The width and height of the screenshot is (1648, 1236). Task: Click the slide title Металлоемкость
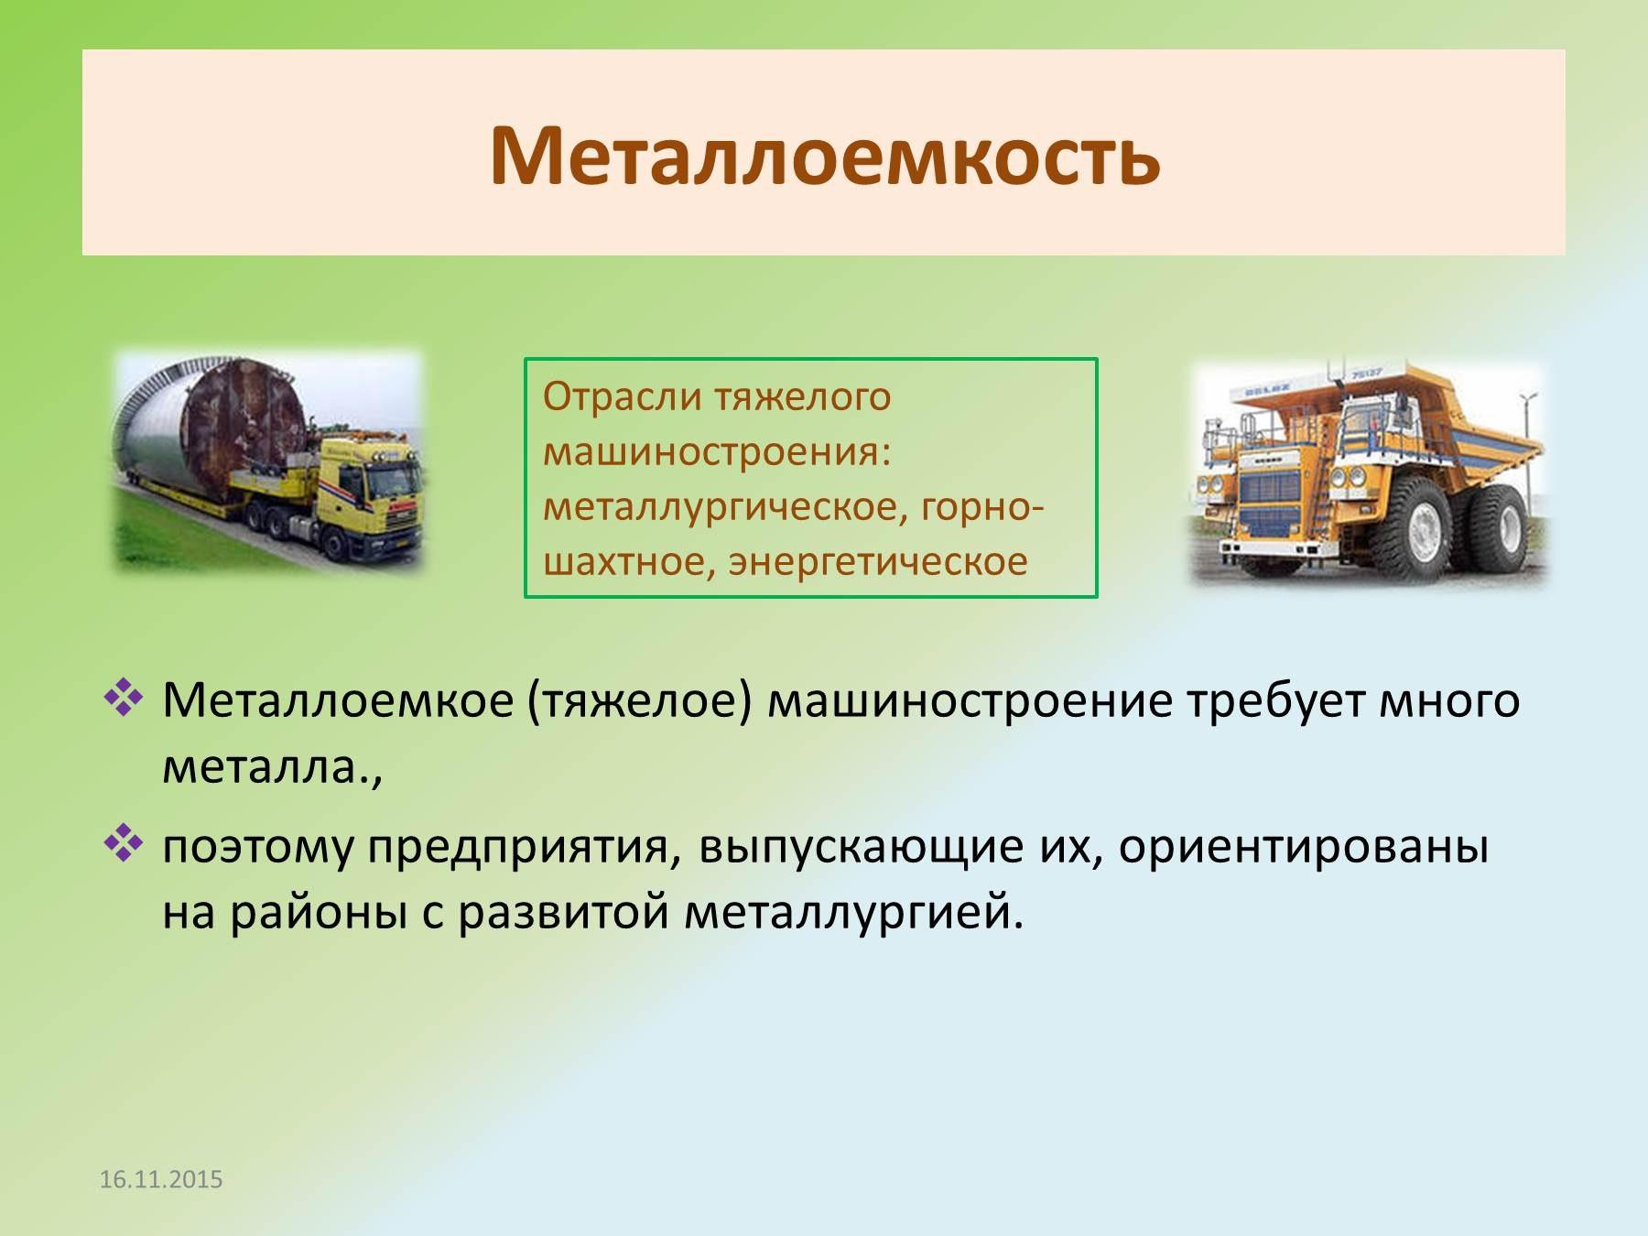(x=825, y=154)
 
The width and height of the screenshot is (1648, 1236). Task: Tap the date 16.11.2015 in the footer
(x=161, y=1179)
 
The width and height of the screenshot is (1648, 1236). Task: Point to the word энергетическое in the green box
(x=878, y=561)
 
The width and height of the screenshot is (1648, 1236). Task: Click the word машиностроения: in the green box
(x=717, y=451)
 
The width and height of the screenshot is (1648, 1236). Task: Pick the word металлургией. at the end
(x=853, y=913)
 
